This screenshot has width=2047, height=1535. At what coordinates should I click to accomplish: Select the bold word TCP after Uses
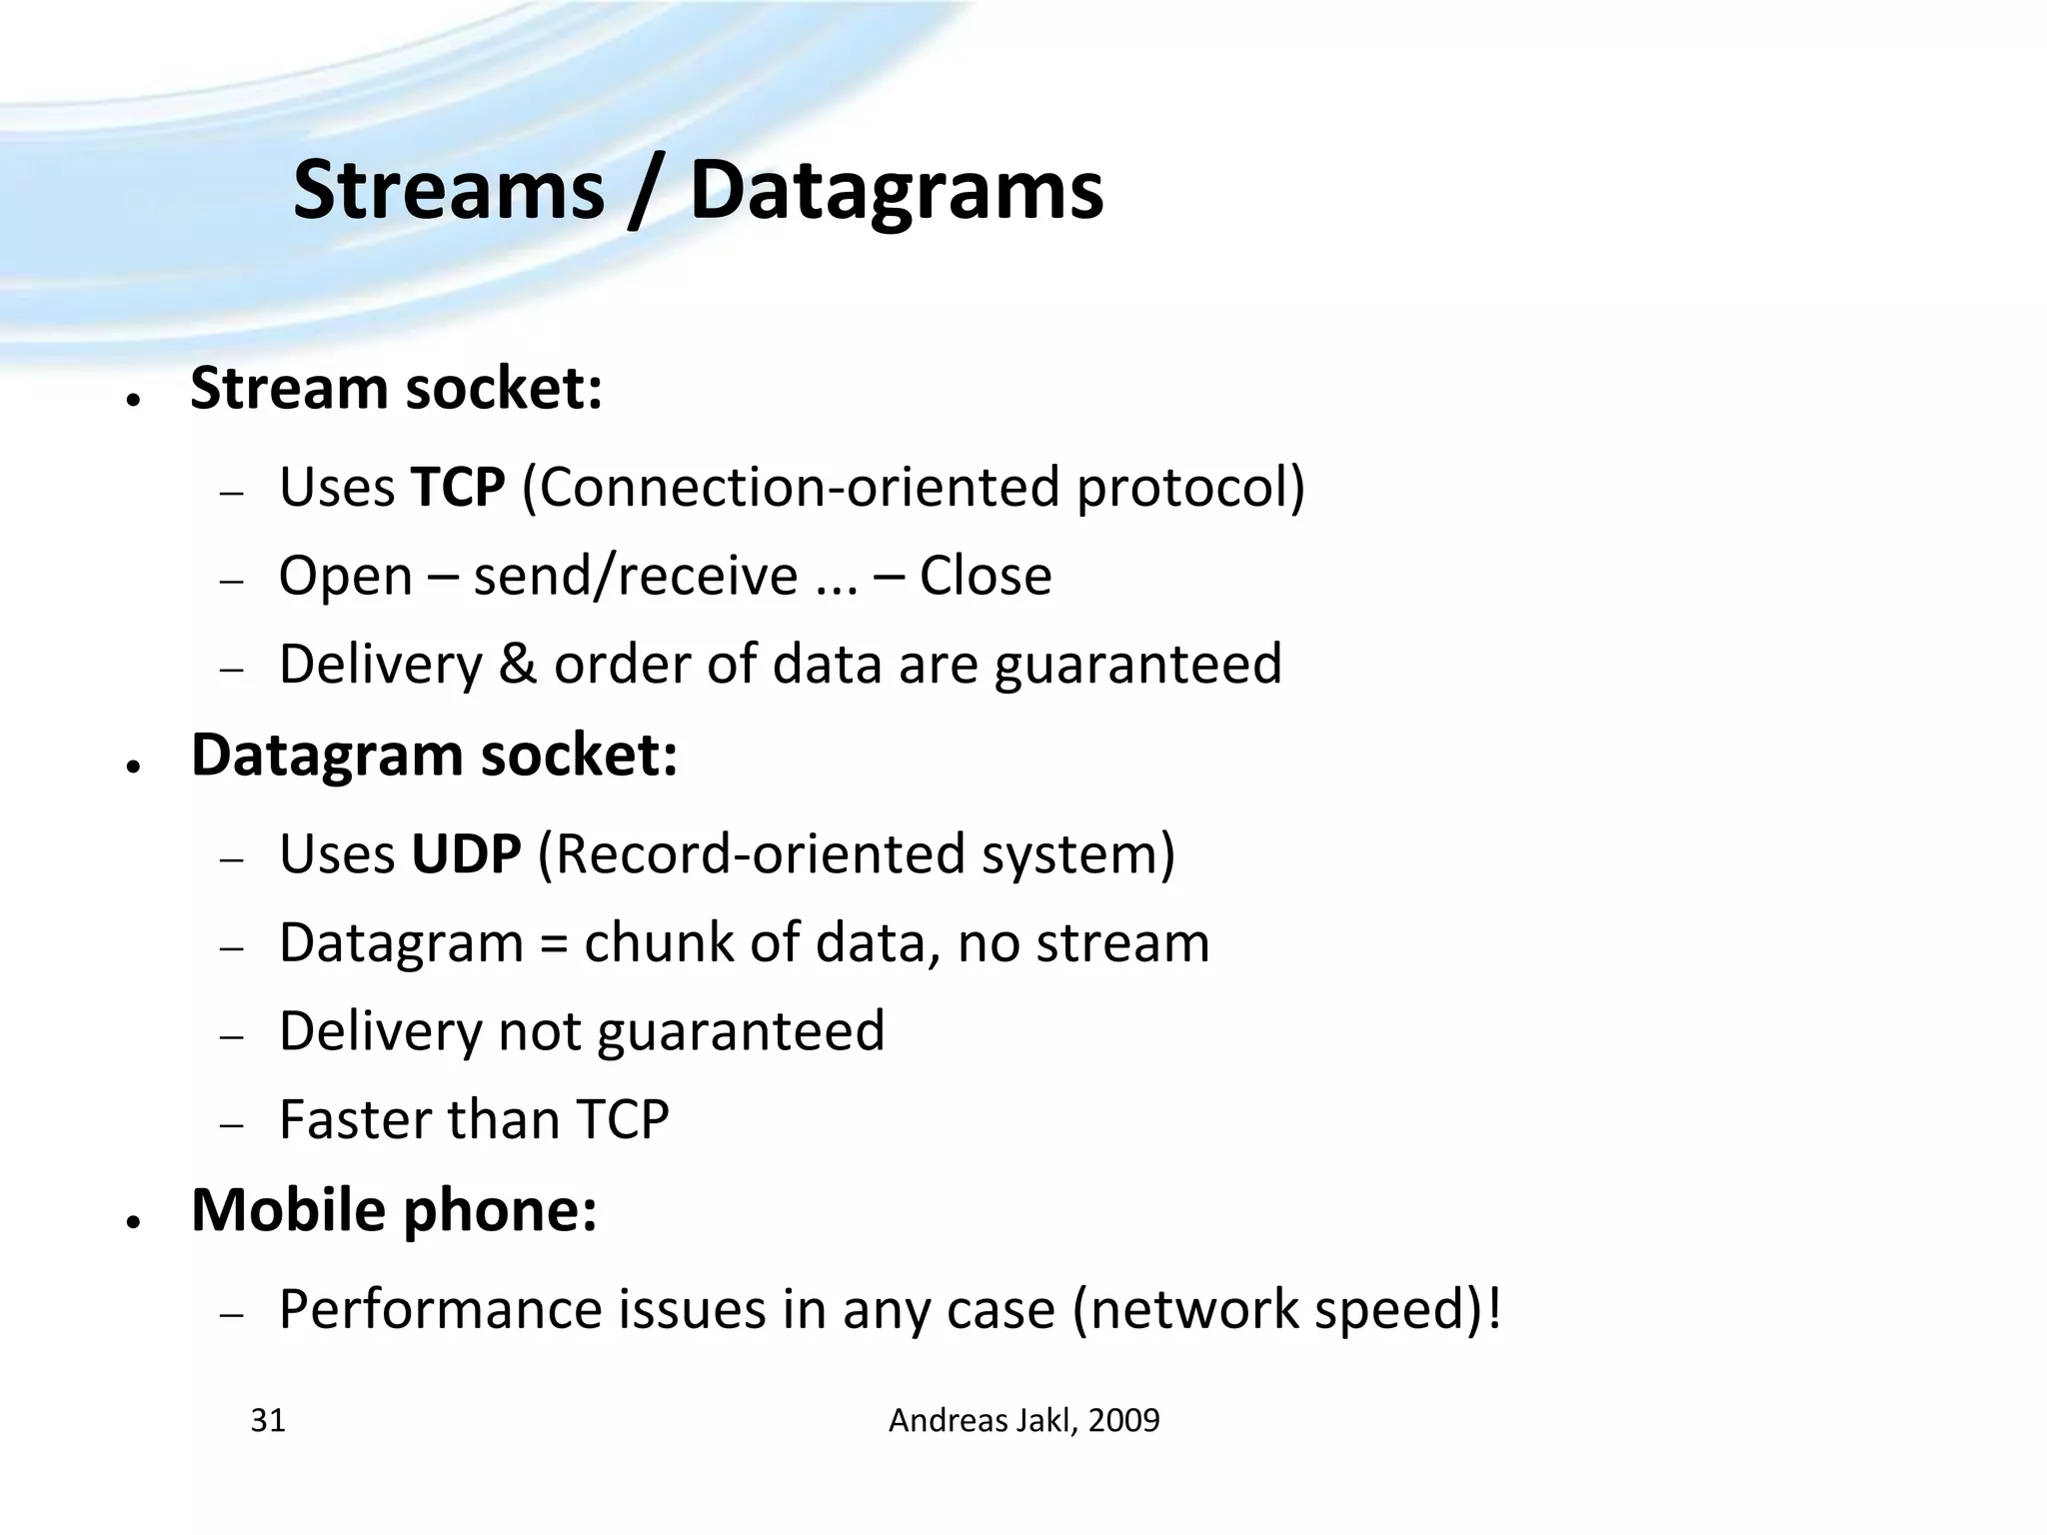(458, 488)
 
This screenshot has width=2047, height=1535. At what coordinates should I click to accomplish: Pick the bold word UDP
(466, 854)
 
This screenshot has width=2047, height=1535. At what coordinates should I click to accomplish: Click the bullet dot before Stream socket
(132, 400)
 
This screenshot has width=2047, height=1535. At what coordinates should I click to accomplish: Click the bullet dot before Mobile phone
(132, 1222)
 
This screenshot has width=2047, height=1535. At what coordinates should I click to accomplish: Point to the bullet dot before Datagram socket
(132, 767)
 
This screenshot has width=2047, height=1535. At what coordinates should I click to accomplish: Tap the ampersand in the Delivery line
(517, 664)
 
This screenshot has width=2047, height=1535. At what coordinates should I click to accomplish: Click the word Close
(985, 577)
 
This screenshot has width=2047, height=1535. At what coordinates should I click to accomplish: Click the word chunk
(659, 942)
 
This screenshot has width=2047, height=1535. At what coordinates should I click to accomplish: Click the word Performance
(441, 1309)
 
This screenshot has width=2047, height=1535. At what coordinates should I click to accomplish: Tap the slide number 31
(268, 1420)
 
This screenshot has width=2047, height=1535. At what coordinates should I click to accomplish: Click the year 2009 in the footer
(1123, 1420)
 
